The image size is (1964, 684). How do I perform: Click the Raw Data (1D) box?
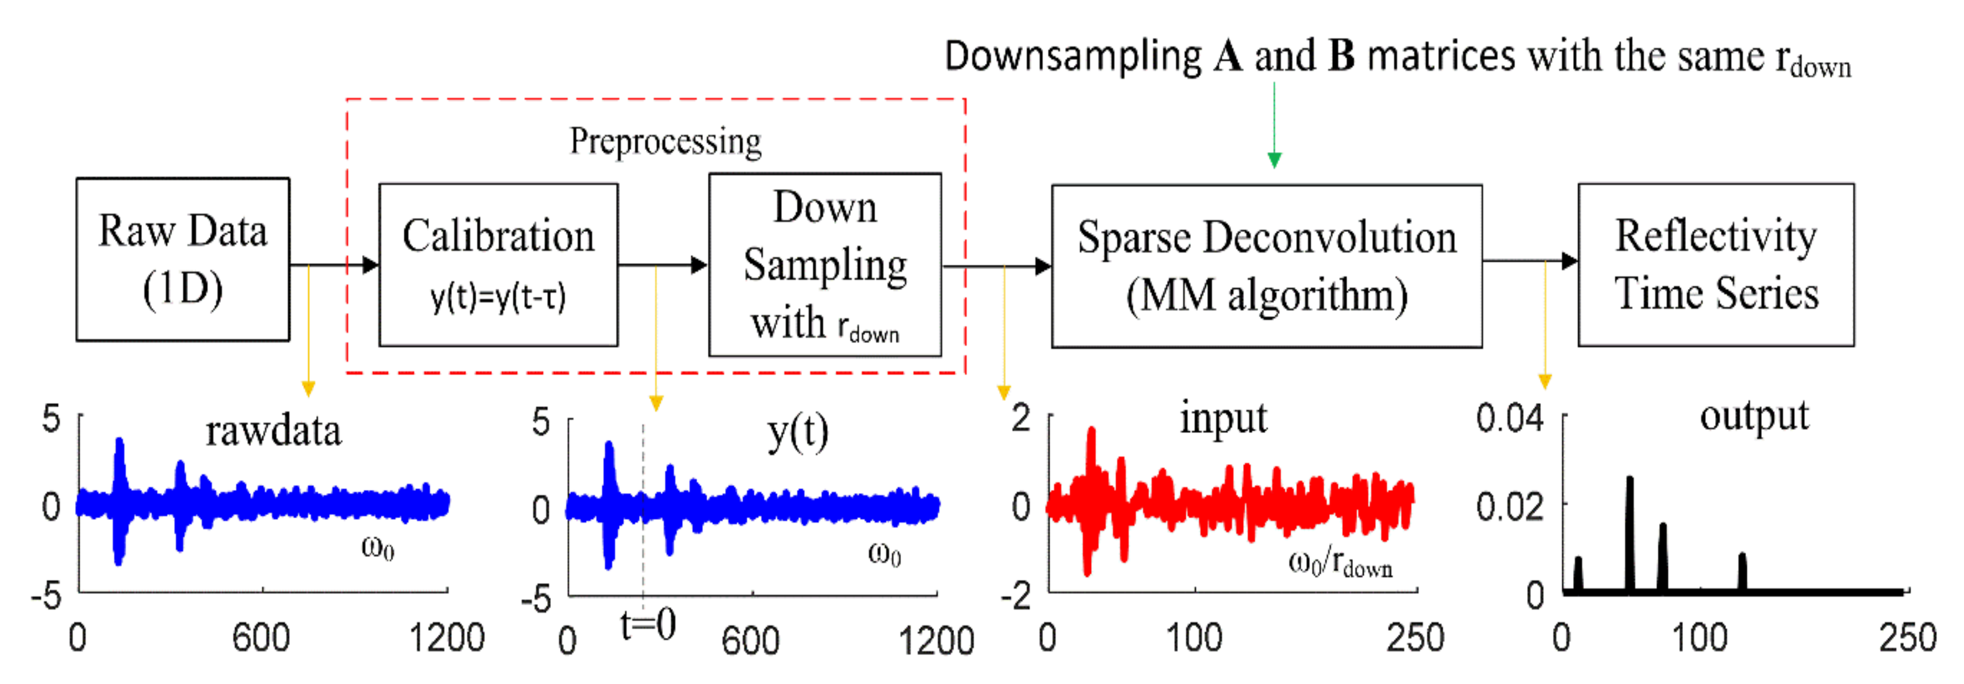coord(183,259)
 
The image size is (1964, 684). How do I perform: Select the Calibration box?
coord(498,265)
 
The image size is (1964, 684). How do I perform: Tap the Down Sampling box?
coord(825,265)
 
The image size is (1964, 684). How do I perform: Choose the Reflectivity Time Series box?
coord(1716,265)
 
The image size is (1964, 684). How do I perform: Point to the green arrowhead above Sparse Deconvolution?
coord(1274,159)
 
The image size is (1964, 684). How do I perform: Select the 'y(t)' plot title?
coord(797,433)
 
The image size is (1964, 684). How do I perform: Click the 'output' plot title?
coord(1753,416)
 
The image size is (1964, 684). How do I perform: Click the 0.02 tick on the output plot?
coord(1510,506)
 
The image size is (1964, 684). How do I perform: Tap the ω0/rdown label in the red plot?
coord(1339,564)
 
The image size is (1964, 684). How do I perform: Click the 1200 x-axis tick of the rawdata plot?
coord(447,638)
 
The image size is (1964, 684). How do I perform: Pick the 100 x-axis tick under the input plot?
coord(1194,638)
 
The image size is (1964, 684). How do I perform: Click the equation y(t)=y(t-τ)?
coord(498,297)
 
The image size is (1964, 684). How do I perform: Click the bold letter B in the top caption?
coord(1341,56)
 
